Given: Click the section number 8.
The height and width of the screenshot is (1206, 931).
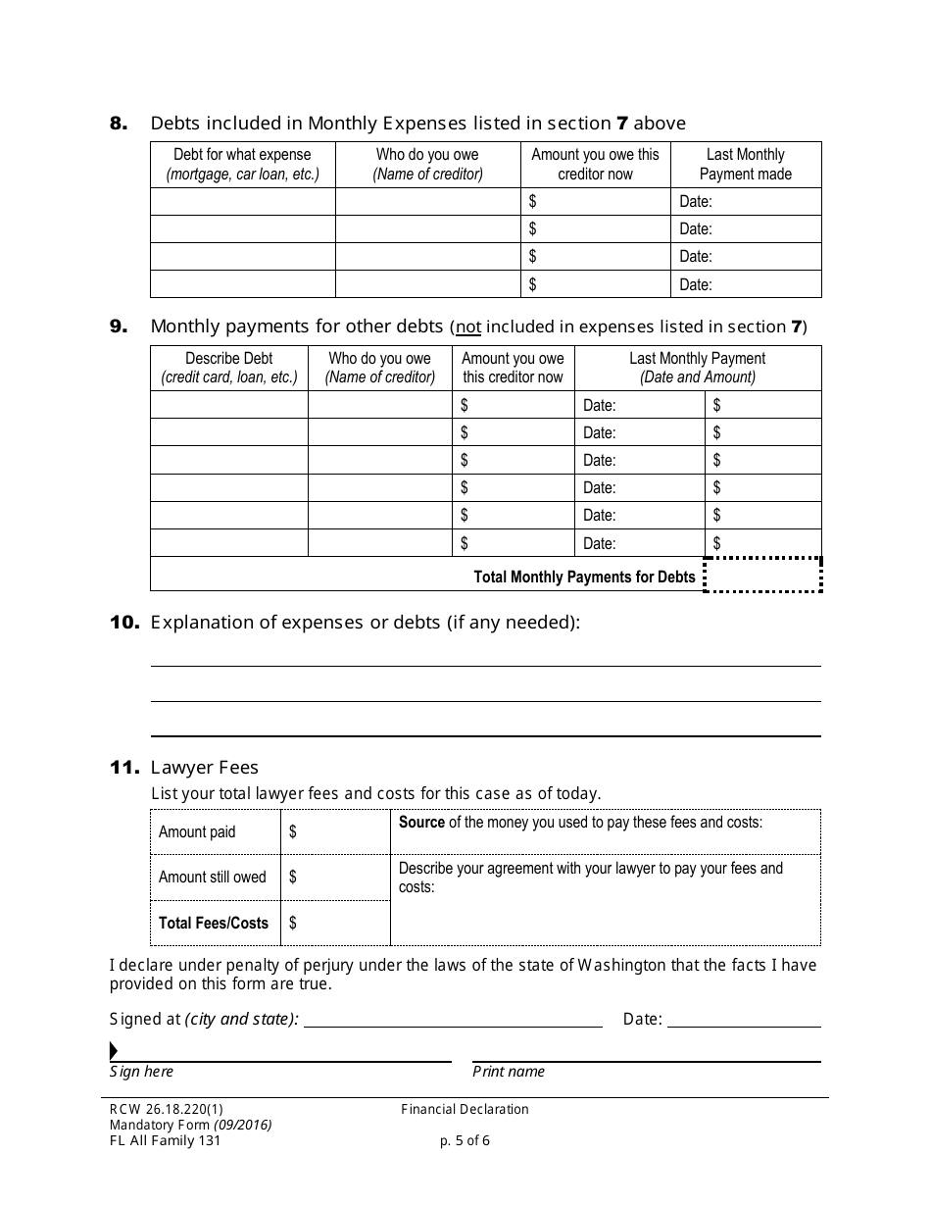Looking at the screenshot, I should [x=118, y=124].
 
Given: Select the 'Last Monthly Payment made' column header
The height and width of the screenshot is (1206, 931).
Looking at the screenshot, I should [x=745, y=164].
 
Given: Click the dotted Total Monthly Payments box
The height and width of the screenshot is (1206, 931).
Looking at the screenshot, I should [x=762, y=576].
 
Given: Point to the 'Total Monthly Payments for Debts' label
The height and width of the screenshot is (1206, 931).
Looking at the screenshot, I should [x=584, y=577].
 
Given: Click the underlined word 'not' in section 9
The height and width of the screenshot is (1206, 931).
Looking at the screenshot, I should [x=468, y=327].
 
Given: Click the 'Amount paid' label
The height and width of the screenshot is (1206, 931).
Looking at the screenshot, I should [x=197, y=831].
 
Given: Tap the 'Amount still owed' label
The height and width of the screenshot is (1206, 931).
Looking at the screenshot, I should [x=212, y=878].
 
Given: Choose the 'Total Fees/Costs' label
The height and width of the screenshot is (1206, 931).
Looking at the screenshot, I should [x=213, y=923].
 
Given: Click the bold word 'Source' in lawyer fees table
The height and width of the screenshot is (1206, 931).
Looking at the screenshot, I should [x=421, y=823].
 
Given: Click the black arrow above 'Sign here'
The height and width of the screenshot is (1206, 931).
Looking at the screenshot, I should [x=114, y=1051].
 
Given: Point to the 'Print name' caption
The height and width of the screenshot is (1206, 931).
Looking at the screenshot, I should [x=508, y=1072].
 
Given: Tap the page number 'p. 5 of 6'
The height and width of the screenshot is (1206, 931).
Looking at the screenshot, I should [x=465, y=1140].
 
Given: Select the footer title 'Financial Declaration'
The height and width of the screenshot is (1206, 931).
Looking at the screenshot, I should [x=465, y=1109].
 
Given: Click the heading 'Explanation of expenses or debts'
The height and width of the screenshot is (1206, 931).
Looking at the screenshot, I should [x=365, y=623].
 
